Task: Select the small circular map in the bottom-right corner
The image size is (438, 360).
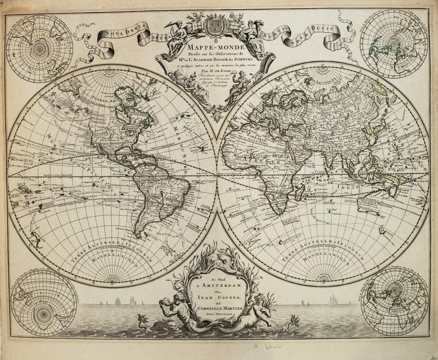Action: click(394, 301)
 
